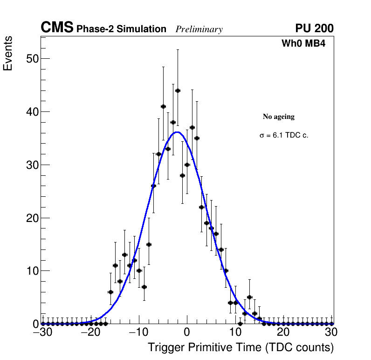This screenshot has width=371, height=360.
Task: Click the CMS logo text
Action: click(57, 28)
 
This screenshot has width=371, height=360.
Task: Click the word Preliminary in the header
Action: click(199, 30)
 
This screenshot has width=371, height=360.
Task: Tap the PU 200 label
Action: click(314, 29)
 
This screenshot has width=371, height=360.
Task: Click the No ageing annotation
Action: click(279, 117)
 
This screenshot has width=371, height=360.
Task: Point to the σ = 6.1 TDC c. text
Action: click(284, 136)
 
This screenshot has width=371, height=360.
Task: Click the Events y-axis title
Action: click(8, 53)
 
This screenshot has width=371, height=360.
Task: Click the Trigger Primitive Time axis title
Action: click(240, 348)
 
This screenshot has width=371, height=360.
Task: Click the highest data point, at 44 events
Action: click(178, 90)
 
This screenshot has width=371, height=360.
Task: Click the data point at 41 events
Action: click(163, 106)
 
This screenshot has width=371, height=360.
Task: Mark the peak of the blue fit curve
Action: click(178, 132)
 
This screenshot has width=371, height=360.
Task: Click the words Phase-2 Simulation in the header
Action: click(121, 29)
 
